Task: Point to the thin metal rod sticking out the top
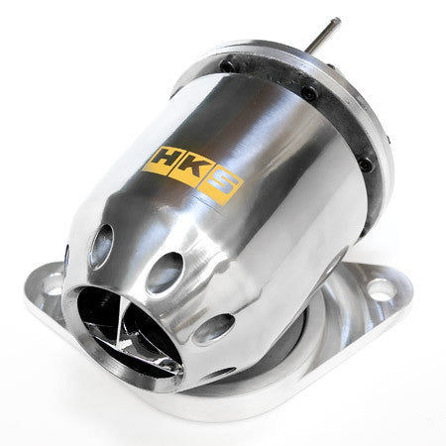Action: [322, 36]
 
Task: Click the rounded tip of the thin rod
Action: [337, 21]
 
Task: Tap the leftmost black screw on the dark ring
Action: [227, 65]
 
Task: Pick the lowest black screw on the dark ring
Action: [366, 165]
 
